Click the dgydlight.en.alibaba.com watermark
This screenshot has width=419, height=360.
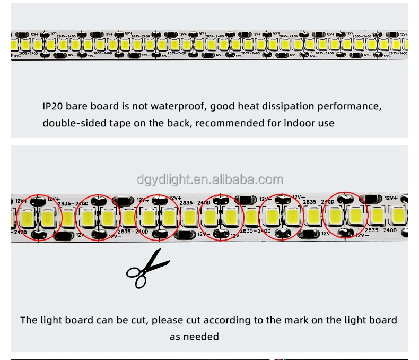[x=210, y=179]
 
